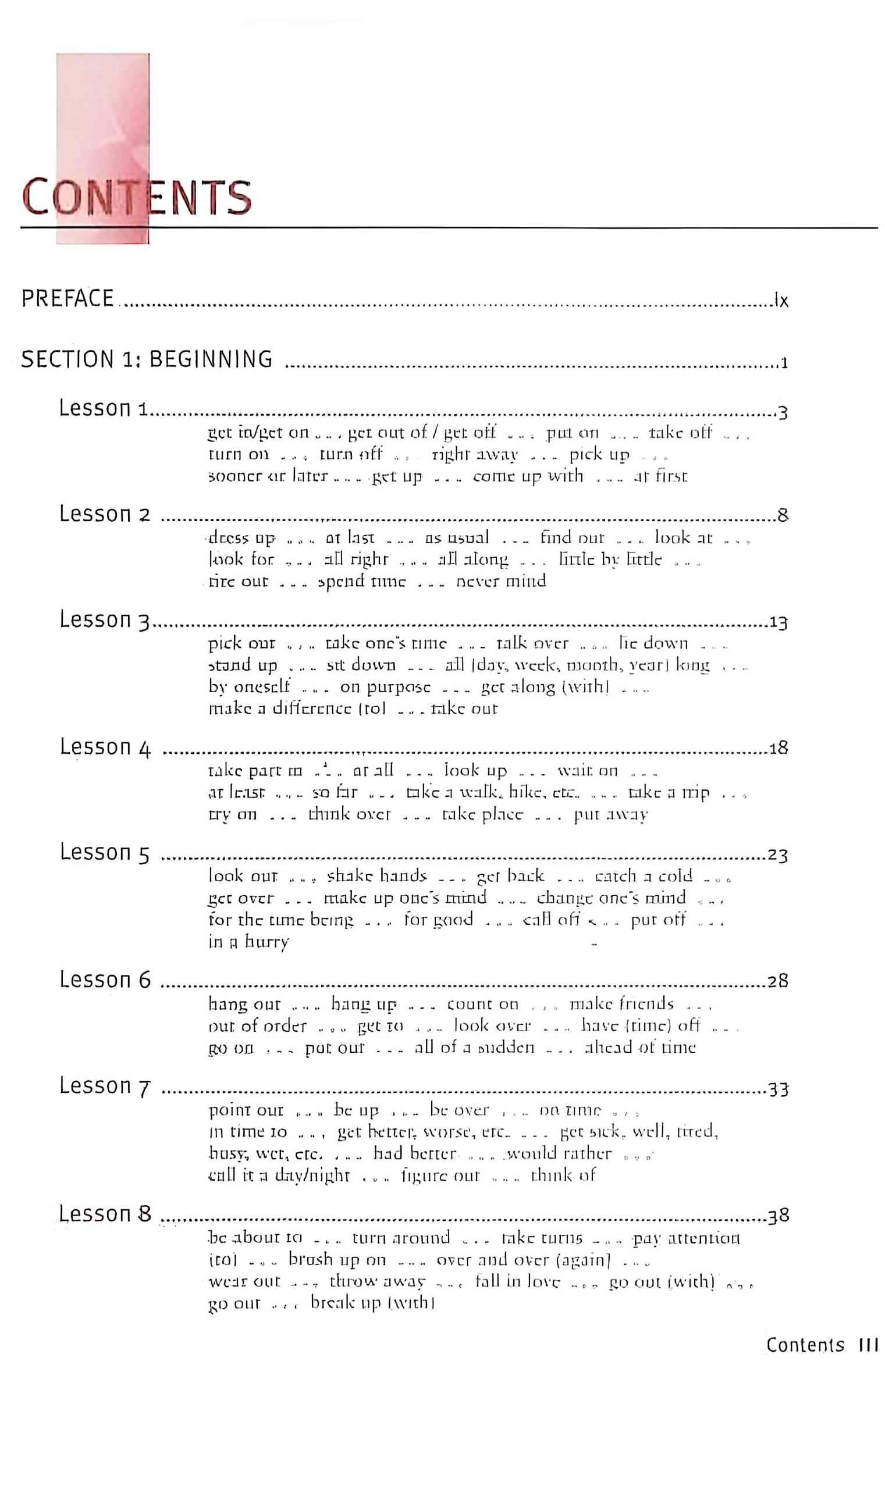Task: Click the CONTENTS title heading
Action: [136, 197]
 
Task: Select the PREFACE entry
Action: [67, 298]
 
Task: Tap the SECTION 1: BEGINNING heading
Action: [147, 359]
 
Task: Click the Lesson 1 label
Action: [102, 408]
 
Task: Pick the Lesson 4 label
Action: [105, 747]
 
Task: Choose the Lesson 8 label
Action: [105, 1214]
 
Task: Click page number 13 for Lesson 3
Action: [779, 623]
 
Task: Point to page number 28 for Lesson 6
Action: [778, 981]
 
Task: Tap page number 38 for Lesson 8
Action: [779, 1216]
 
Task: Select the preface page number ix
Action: [781, 300]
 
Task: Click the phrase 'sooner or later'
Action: [268, 476]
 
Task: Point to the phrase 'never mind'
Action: [501, 581]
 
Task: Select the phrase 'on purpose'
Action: [385, 687]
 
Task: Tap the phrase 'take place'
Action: [482, 814]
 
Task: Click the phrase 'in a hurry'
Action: [248, 942]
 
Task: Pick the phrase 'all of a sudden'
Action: [474, 1048]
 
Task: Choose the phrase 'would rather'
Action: [559, 1153]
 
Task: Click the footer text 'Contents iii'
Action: [822, 1345]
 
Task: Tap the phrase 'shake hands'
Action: [377, 875]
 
